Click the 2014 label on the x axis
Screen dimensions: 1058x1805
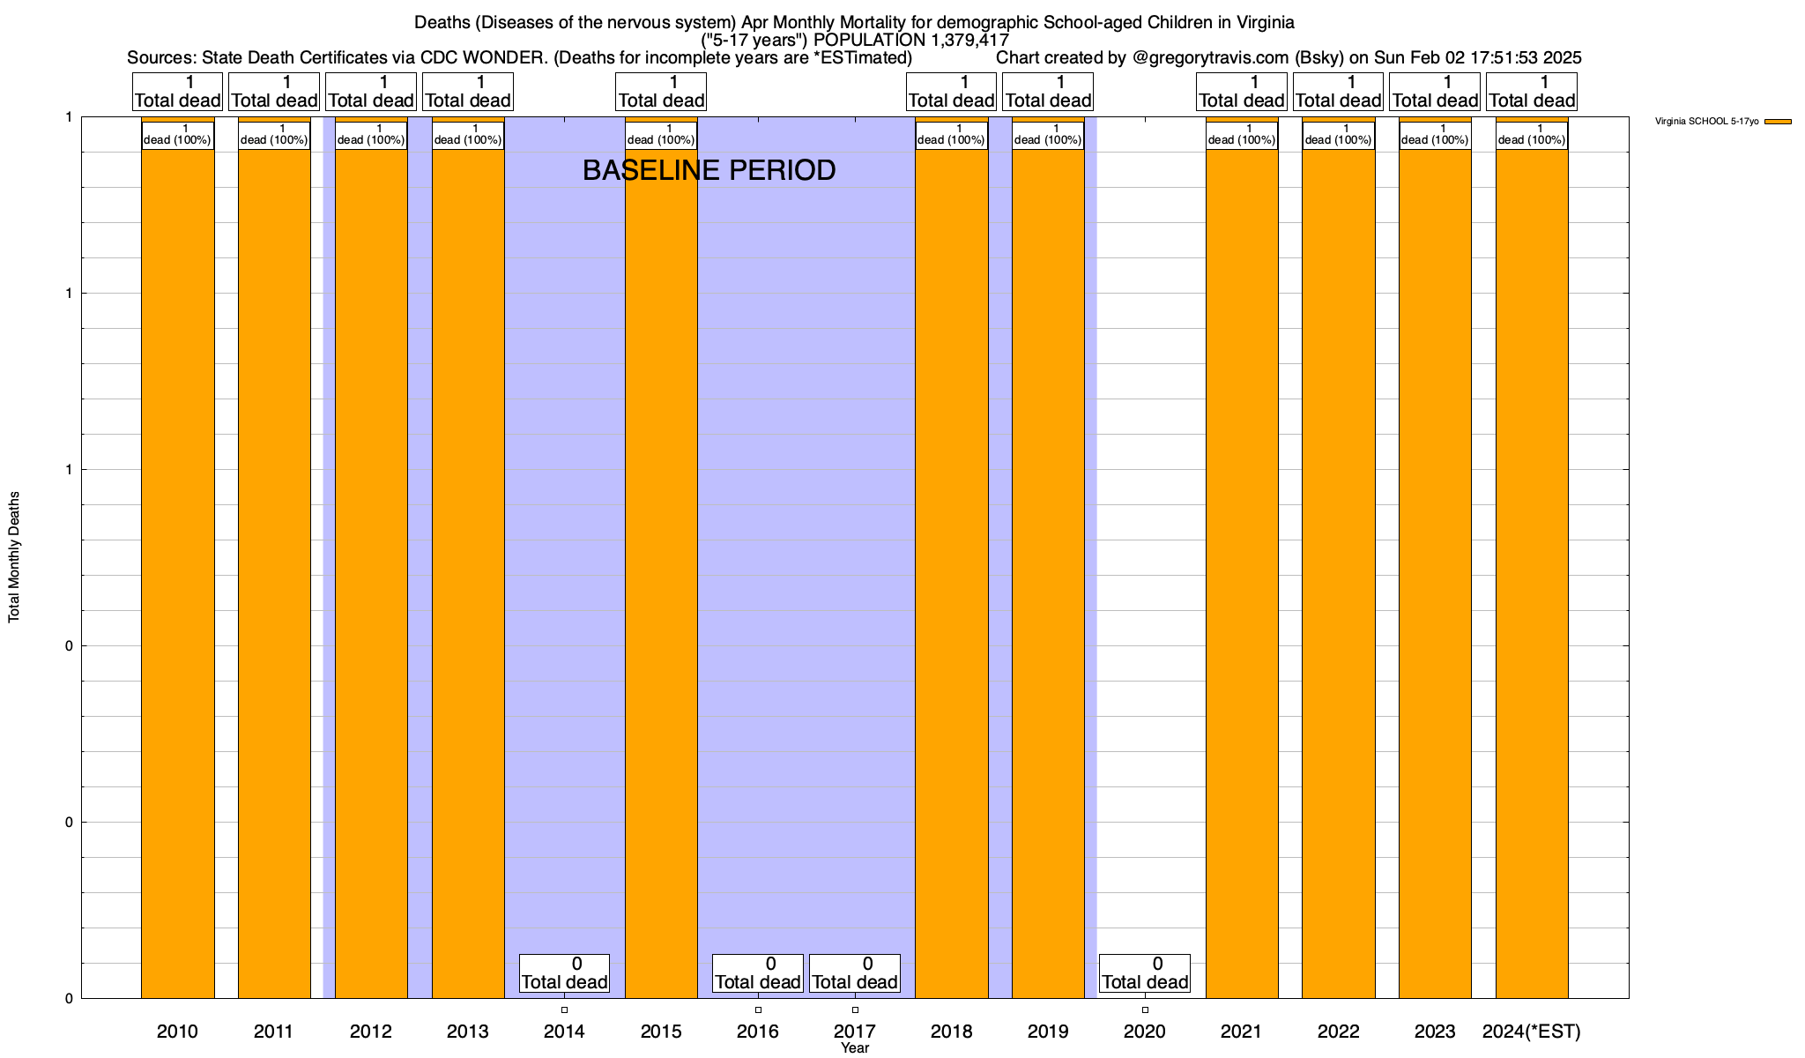coord(564,1031)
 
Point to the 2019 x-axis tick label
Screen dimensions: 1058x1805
coord(1048,1031)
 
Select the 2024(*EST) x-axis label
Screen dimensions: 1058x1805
coord(1532,1031)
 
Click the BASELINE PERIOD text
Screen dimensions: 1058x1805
coord(709,170)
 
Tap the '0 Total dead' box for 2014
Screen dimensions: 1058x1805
coord(564,973)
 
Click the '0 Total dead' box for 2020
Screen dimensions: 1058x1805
coord(1145,973)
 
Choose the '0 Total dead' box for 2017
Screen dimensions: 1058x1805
coord(855,973)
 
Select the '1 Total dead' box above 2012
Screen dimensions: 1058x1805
coord(371,92)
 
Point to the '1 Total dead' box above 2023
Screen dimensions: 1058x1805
coord(1435,92)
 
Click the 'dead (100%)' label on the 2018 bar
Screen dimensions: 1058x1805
coord(952,136)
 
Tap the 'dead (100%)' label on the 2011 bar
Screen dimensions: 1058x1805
coord(274,136)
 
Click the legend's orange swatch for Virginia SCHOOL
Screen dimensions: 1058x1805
coord(1778,122)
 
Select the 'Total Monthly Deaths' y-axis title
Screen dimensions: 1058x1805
coord(14,557)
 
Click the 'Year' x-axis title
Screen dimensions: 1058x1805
coord(855,1048)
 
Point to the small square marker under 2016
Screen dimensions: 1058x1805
coord(758,1010)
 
